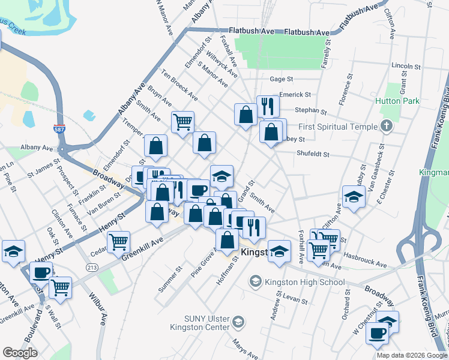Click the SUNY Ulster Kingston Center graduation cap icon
point(238,322)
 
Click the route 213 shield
point(92,267)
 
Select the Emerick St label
point(295,95)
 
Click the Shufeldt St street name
point(313,154)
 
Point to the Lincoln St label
point(402,65)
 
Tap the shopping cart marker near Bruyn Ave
point(182,122)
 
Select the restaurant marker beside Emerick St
point(268,107)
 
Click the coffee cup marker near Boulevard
point(41,272)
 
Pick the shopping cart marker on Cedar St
point(119,242)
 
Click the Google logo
point(20,353)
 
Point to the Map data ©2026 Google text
point(411,355)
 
